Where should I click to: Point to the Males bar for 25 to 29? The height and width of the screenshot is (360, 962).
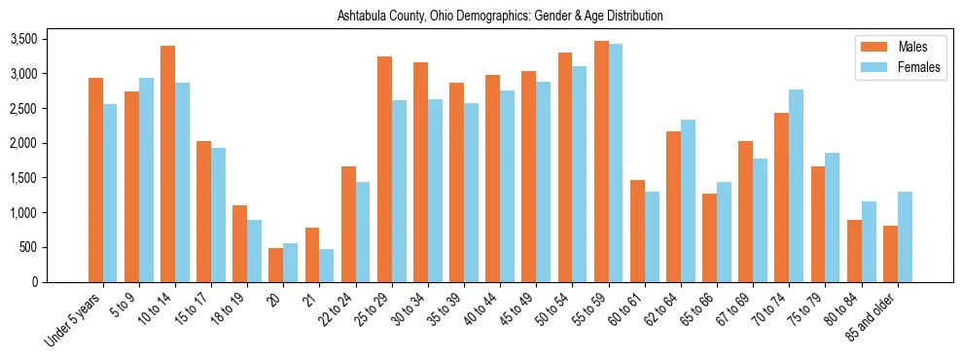384,169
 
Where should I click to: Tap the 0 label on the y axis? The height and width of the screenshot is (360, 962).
35,282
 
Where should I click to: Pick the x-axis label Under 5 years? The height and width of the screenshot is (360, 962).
73,318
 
